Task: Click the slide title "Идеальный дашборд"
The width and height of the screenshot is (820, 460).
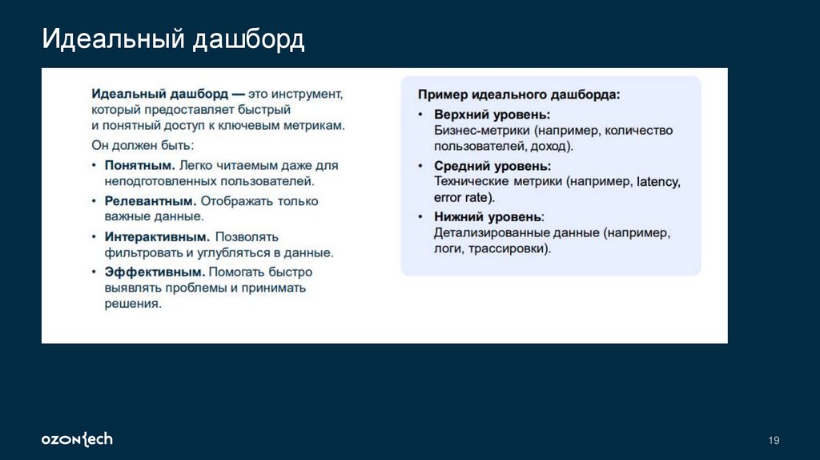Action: coord(173,39)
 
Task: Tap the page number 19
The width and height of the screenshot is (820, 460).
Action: coord(774,440)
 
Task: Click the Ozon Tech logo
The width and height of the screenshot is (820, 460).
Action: coord(77,439)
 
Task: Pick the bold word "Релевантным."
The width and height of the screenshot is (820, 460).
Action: coord(151,201)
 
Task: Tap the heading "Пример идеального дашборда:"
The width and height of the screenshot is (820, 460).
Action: coord(518,95)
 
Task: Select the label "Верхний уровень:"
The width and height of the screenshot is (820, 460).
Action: coord(492,115)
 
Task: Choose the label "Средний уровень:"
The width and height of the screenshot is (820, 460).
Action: coord(492,166)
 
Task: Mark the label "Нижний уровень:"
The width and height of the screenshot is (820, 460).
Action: coord(488,217)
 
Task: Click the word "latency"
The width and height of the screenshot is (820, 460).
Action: coord(658,182)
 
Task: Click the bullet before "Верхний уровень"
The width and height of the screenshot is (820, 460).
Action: coord(421,115)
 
